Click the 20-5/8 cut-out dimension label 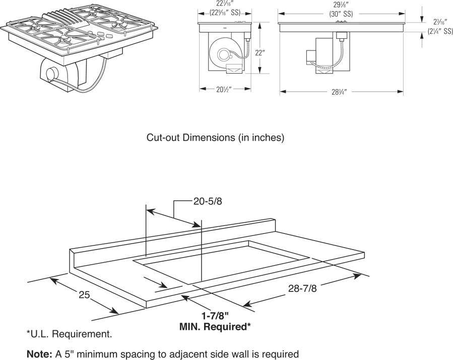(x=208, y=201)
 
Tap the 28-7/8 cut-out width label (x=302, y=288)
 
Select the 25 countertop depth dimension (x=84, y=295)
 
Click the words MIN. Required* (x=215, y=327)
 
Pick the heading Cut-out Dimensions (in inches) (x=215, y=137)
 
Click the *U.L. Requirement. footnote (x=70, y=334)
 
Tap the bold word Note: (x=38, y=354)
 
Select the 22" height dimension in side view (x=260, y=52)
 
